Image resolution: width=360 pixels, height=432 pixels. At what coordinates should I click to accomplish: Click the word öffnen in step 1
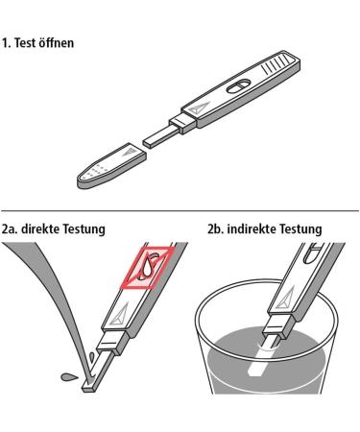pos(55,44)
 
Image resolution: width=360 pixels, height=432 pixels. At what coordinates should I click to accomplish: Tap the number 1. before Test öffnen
pos(8,44)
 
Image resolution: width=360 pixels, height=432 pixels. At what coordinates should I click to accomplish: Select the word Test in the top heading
pos(26,44)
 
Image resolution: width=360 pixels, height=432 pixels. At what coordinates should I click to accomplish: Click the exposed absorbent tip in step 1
pos(156,135)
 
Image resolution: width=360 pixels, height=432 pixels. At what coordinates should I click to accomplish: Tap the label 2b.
pos(216,230)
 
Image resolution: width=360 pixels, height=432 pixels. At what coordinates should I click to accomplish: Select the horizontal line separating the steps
pos(180,210)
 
